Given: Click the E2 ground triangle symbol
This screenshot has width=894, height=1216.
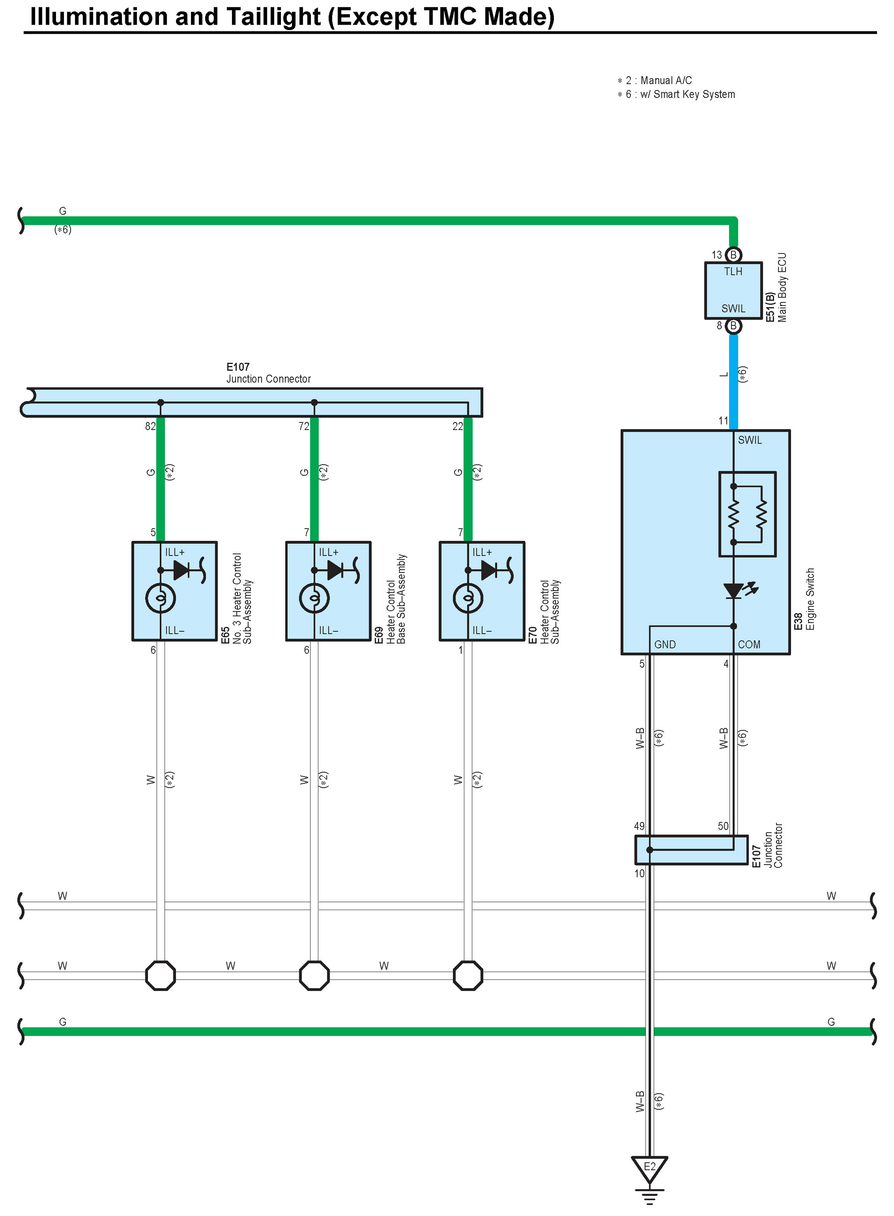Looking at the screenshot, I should [x=650, y=1168].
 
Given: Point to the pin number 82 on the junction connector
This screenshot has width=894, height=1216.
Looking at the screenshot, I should [x=150, y=426].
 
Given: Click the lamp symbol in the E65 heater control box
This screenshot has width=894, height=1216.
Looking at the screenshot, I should [x=161, y=598].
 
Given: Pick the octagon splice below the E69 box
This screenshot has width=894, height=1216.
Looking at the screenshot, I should [x=314, y=976].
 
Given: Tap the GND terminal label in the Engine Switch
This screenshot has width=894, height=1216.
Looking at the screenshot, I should [x=665, y=645].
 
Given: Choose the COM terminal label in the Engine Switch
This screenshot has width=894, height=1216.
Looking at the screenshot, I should [x=749, y=645].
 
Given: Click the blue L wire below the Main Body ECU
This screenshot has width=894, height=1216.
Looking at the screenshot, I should [x=733, y=379].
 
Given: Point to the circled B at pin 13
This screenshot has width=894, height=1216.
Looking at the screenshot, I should [x=733, y=255].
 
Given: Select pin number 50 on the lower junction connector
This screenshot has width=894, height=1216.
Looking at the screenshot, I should [x=723, y=826].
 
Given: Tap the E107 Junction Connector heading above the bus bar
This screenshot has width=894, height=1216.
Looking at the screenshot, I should [x=268, y=373].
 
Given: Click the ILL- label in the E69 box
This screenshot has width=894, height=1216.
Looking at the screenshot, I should [x=328, y=631].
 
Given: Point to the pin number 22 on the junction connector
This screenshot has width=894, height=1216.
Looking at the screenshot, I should [x=458, y=426].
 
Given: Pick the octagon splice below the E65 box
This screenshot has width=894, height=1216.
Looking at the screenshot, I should [x=161, y=976].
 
